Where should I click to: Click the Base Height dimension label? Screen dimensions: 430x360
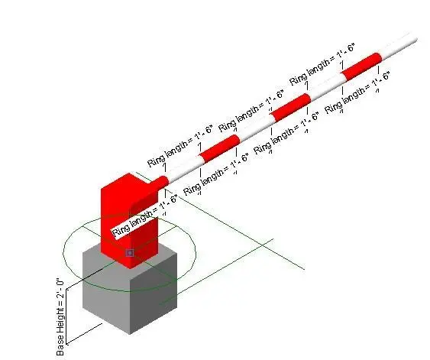click(60, 317)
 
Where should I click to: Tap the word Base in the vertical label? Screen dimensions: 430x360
click(60, 349)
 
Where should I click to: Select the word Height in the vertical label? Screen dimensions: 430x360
click(60, 326)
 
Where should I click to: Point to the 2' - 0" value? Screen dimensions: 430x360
click(60, 289)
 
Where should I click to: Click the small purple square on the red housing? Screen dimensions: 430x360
click(130, 253)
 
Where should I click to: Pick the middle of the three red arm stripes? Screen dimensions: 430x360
click(291, 107)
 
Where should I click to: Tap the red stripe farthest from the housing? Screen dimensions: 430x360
click(361, 66)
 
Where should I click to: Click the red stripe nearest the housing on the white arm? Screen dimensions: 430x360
click(220, 148)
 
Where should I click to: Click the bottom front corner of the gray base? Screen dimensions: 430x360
click(130, 334)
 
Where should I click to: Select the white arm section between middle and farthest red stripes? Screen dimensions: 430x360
click(326, 87)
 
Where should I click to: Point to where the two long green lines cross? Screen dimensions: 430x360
click(263, 245)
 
